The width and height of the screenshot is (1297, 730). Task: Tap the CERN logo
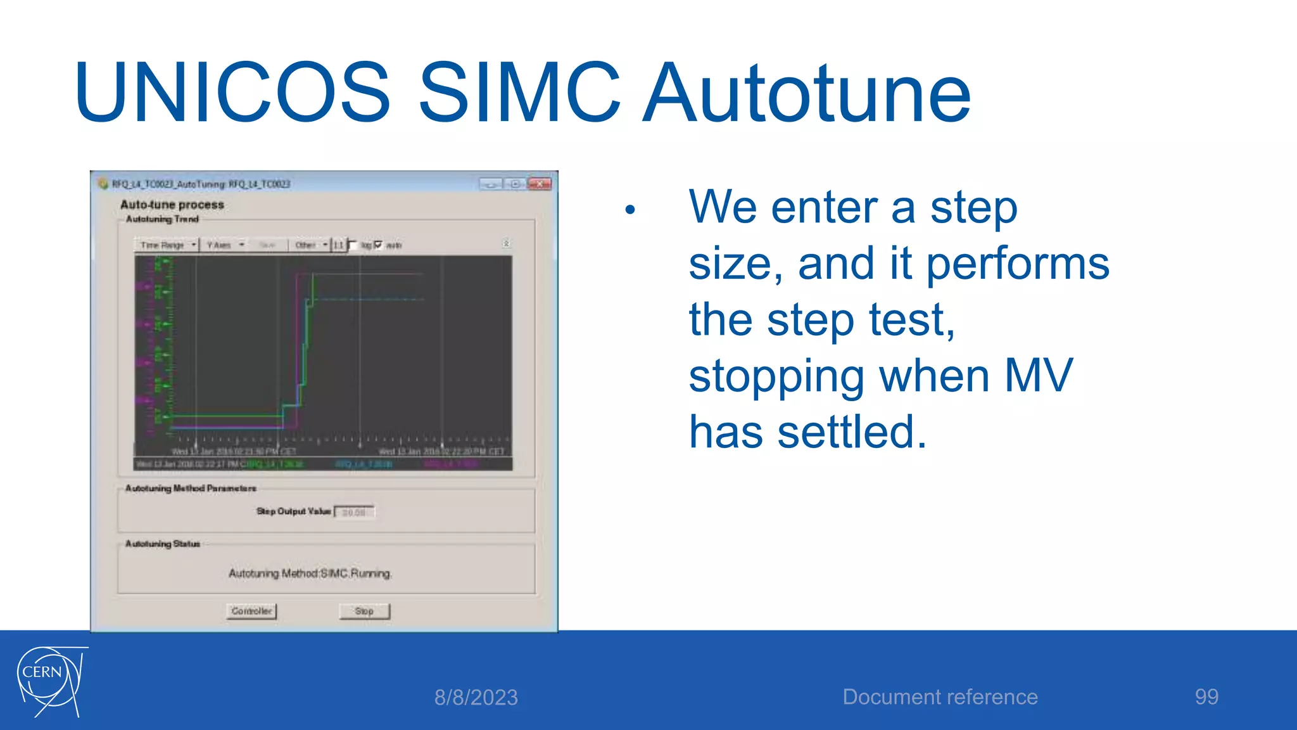pos(51,682)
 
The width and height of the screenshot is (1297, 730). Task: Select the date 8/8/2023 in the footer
pos(476,698)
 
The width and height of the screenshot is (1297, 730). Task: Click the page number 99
pos(1206,697)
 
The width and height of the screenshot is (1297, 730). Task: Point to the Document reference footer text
pos(940,697)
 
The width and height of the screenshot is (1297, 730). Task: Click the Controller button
pos(251,612)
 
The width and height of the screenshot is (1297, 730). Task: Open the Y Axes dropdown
pos(225,245)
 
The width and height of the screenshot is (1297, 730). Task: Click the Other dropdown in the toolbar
pos(311,245)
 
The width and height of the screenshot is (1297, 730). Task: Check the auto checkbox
pos(379,245)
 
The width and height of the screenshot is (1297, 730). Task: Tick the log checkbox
pos(353,245)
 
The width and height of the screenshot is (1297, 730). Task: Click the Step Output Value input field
pos(354,512)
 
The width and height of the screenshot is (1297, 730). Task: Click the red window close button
pos(540,184)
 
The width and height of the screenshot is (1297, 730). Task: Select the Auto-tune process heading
pos(172,205)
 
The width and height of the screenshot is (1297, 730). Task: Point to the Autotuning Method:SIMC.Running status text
pos(310,573)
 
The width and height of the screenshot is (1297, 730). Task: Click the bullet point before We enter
pos(630,210)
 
